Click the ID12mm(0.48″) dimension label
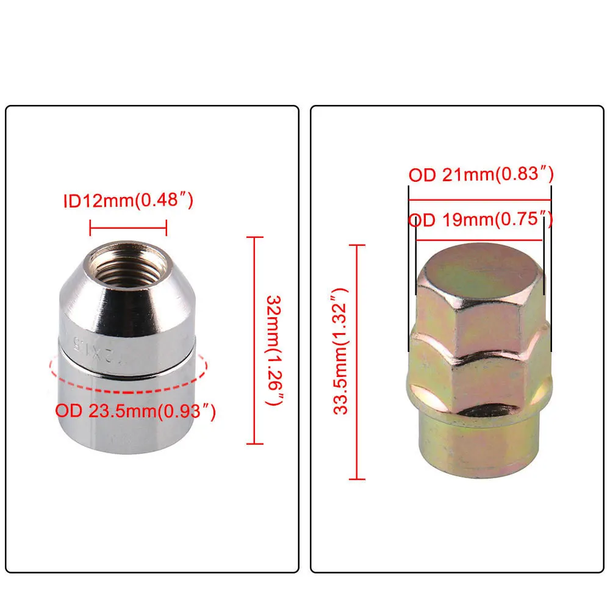[128, 201]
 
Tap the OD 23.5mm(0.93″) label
[136, 411]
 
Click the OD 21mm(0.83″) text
[481, 175]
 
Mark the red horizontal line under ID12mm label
[128, 230]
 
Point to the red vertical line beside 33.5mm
[357, 361]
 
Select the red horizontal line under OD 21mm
[479, 199]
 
